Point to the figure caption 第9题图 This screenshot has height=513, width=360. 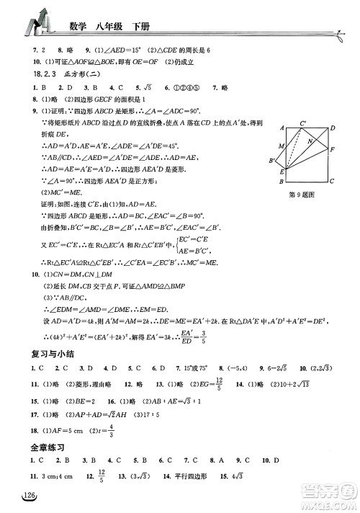302,193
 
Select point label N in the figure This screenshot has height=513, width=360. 309,143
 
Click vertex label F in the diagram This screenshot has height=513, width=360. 332,149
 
